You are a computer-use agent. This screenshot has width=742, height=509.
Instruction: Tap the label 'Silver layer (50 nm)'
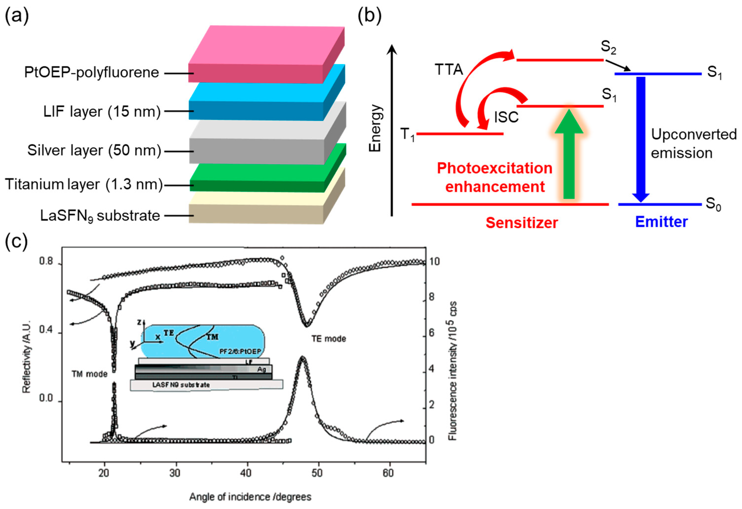click(94, 150)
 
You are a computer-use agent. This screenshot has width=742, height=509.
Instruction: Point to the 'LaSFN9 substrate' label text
click(100, 216)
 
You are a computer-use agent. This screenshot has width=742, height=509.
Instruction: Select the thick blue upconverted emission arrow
click(641, 137)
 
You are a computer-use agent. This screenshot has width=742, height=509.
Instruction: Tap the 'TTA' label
click(449, 70)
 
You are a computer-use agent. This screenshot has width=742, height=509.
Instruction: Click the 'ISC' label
click(506, 118)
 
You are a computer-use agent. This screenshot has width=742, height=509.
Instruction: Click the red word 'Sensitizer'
click(522, 223)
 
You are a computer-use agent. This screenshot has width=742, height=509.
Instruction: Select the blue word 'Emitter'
click(661, 222)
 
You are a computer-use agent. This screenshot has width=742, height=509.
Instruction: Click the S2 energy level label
click(608, 47)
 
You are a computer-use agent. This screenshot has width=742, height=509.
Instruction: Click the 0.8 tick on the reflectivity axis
click(46, 261)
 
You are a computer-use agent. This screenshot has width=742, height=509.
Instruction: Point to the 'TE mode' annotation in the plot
click(328, 339)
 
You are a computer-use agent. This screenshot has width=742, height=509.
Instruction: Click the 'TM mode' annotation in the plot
click(89, 374)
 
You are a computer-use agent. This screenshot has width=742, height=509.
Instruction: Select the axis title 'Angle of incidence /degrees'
click(250, 497)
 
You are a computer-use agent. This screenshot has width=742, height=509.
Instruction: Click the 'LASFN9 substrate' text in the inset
click(181, 385)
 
